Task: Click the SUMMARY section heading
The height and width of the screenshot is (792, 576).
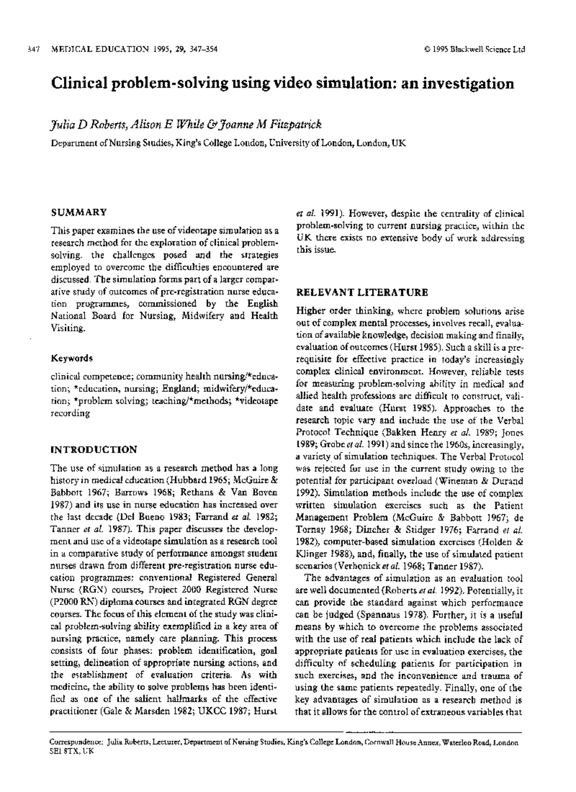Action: click(x=79, y=212)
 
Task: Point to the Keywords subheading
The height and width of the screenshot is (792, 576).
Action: click(x=72, y=358)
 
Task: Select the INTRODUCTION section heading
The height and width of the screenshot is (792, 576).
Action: click(x=94, y=450)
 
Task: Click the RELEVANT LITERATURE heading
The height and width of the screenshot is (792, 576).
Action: click(x=362, y=292)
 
